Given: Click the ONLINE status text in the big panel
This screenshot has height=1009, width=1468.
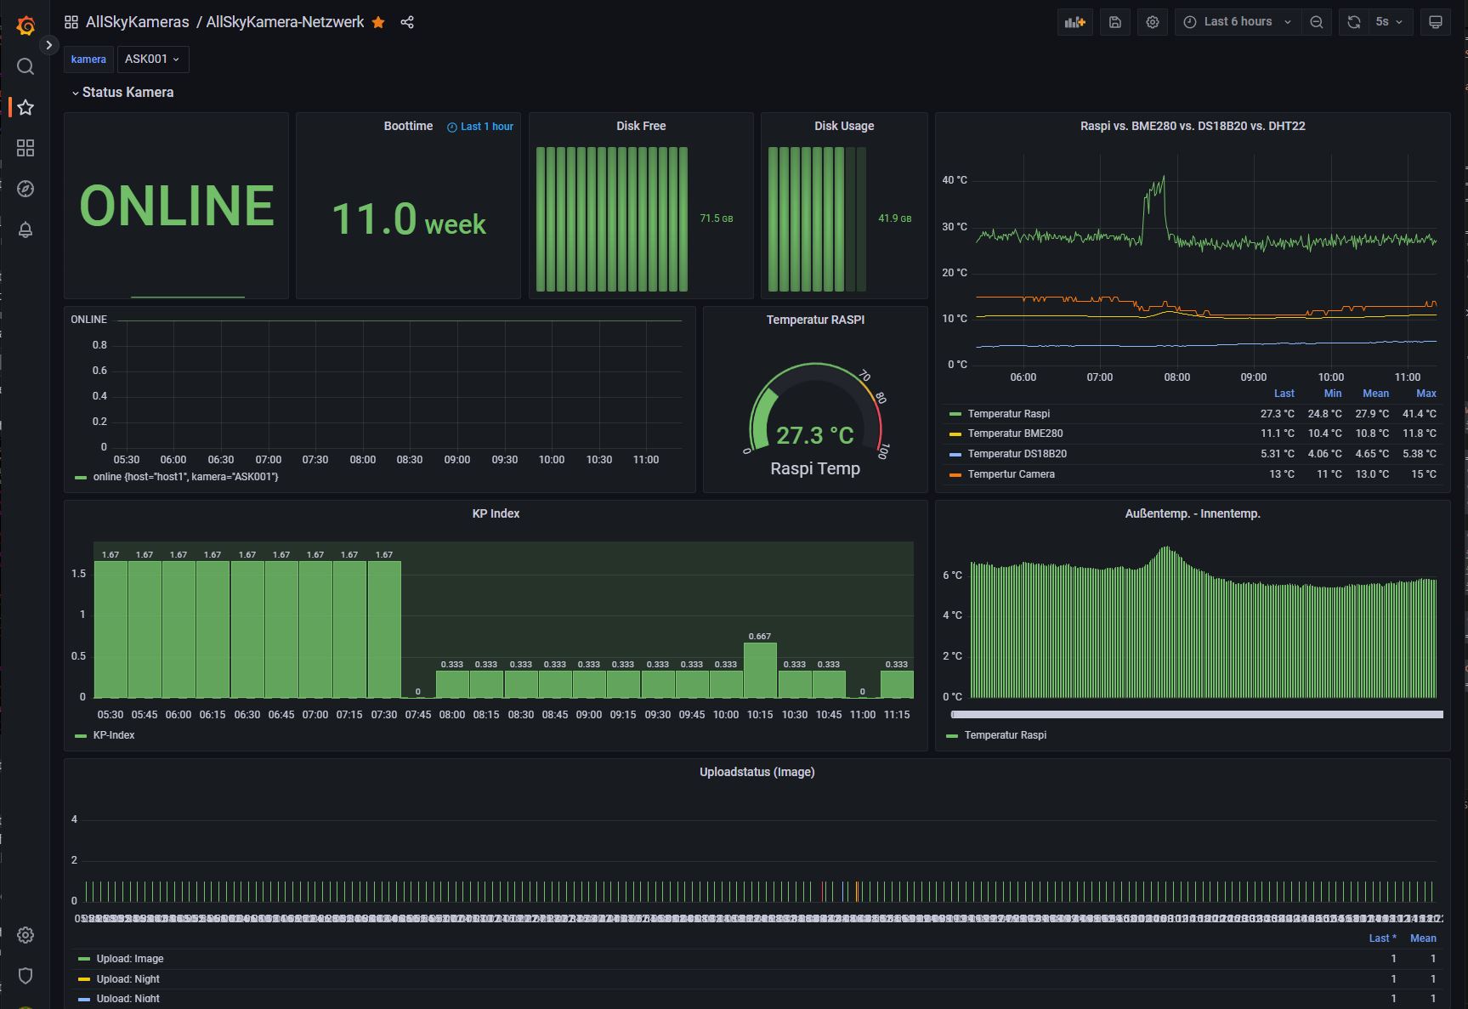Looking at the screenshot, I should (x=177, y=206).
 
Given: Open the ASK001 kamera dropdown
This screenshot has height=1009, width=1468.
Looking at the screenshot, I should (x=152, y=59).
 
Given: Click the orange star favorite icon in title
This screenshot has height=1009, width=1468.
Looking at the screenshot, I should (x=378, y=22).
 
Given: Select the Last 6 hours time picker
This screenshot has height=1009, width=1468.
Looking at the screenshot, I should (x=1238, y=22).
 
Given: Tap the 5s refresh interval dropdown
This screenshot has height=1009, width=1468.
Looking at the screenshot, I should (x=1388, y=22).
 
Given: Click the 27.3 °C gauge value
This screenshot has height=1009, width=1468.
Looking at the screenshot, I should (x=814, y=435).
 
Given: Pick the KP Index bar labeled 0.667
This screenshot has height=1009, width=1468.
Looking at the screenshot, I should (x=760, y=669).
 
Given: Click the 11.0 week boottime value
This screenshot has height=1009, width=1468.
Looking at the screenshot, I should (x=408, y=219).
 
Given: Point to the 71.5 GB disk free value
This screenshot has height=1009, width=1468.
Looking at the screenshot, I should (x=716, y=218).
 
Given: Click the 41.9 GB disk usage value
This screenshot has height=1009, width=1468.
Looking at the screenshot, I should (x=894, y=218).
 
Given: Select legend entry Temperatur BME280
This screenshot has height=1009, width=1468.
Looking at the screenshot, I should (x=1015, y=434).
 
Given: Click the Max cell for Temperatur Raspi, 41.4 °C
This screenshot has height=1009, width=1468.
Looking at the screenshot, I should (x=1419, y=414).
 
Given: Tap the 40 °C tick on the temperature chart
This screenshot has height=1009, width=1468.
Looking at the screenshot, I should (x=955, y=180).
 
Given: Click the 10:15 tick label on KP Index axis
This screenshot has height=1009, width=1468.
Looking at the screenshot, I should (x=760, y=715).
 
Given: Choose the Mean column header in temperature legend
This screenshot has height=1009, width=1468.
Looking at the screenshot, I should (x=1375, y=394).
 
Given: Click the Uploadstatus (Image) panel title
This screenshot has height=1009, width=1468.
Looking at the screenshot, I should (x=757, y=772).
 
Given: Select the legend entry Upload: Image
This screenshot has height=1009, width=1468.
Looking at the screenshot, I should (x=129, y=959).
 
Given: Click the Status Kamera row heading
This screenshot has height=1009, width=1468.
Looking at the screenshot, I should (x=128, y=92).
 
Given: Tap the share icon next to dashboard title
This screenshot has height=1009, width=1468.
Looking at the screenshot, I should (x=407, y=22).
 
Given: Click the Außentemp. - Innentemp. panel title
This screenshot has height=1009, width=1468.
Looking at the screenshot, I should (x=1192, y=513).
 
